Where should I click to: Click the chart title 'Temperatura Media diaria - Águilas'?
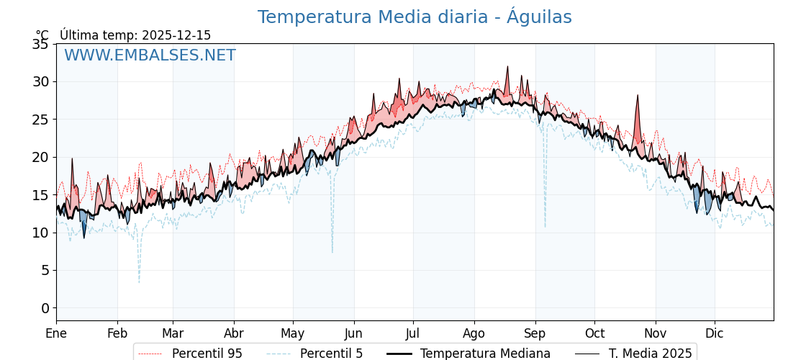(415, 17)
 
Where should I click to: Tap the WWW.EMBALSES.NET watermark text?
(150, 55)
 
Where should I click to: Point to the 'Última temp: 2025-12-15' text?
(135, 35)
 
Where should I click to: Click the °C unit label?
(42, 35)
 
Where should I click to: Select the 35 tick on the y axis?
(40, 44)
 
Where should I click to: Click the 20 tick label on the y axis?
(40, 157)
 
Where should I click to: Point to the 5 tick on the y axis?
(45, 270)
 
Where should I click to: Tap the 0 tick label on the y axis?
(45, 308)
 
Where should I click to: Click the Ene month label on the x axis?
(56, 333)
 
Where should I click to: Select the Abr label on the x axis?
(234, 333)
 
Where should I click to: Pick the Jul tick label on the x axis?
(413, 333)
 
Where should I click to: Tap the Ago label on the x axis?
(474, 333)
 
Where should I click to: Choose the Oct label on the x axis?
(594, 333)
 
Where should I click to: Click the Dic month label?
(715, 333)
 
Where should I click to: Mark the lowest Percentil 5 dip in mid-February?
(139, 282)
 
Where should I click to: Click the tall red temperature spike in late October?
(637, 96)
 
